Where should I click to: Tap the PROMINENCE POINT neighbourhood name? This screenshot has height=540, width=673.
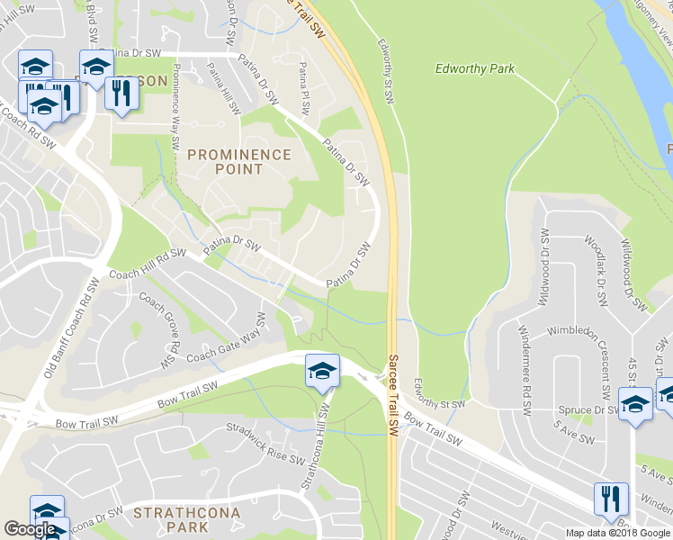click(x=239, y=162)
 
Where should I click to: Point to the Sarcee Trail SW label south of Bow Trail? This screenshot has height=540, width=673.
click(x=393, y=388)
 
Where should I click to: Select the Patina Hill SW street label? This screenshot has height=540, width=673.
click(x=223, y=88)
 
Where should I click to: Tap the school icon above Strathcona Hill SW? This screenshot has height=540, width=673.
click(x=321, y=371)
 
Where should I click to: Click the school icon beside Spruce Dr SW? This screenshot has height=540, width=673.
click(x=634, y=403)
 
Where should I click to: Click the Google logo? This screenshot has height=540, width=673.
click(x=30, y=529)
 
